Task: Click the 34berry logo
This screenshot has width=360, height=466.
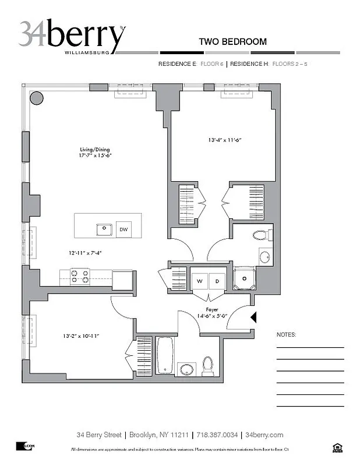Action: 72,36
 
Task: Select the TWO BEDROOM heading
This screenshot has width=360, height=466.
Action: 232,42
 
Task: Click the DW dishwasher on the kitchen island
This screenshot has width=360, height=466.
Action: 123,230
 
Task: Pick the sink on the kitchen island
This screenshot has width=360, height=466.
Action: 104,229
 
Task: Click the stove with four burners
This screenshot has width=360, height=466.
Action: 80,276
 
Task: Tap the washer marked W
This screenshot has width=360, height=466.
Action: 199,281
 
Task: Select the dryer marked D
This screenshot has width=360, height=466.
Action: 217,281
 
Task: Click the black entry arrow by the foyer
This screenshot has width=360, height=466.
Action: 253,317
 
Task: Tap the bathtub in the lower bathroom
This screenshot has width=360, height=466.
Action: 165,355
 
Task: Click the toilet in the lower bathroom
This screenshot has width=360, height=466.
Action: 208,365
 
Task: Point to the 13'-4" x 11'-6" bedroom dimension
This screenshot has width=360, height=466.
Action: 224,140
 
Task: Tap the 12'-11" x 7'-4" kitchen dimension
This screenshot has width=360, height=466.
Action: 84,253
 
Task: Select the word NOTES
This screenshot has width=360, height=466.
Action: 286,335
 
